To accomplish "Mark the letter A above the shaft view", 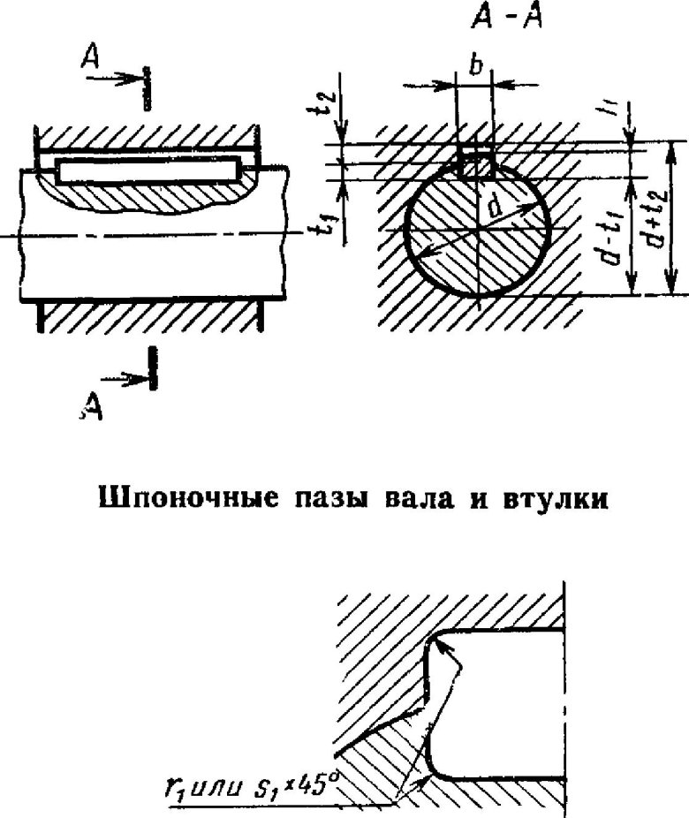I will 88,57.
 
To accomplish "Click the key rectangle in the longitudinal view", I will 148,170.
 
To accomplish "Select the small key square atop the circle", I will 476,164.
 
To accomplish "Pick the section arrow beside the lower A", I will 128,378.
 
